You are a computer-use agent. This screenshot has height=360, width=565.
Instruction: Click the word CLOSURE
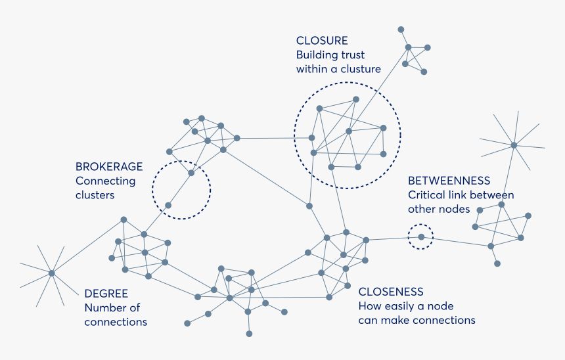point(322,41)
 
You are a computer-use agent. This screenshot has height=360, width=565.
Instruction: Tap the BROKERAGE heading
point(109,167)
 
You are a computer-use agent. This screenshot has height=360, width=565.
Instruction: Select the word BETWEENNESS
point(449,181)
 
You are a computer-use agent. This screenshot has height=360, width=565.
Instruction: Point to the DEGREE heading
point(106,294)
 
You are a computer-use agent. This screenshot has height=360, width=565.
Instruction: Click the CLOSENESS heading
point(391,292)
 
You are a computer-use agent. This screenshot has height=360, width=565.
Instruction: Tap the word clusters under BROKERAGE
point(95,195)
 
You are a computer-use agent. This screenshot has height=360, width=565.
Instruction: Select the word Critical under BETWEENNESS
point(427,195)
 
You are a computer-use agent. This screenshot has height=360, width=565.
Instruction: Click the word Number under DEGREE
point(104,308)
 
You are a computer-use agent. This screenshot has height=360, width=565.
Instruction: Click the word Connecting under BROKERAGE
point(105,181)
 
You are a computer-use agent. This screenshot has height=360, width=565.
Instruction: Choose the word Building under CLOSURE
point(315,55)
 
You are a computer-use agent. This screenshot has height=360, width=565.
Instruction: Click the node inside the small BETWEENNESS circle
point(421,236)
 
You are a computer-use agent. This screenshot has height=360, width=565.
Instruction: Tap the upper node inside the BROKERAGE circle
point(191,173)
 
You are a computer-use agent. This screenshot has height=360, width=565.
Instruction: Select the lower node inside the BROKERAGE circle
point(168,206)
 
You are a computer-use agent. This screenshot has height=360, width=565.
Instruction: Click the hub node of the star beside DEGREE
point(51,273)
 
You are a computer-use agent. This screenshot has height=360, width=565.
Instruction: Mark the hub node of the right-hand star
point(514,145)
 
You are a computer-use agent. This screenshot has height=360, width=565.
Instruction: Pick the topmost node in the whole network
point(401,30)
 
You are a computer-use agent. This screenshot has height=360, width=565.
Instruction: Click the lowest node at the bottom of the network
point(249,334)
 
